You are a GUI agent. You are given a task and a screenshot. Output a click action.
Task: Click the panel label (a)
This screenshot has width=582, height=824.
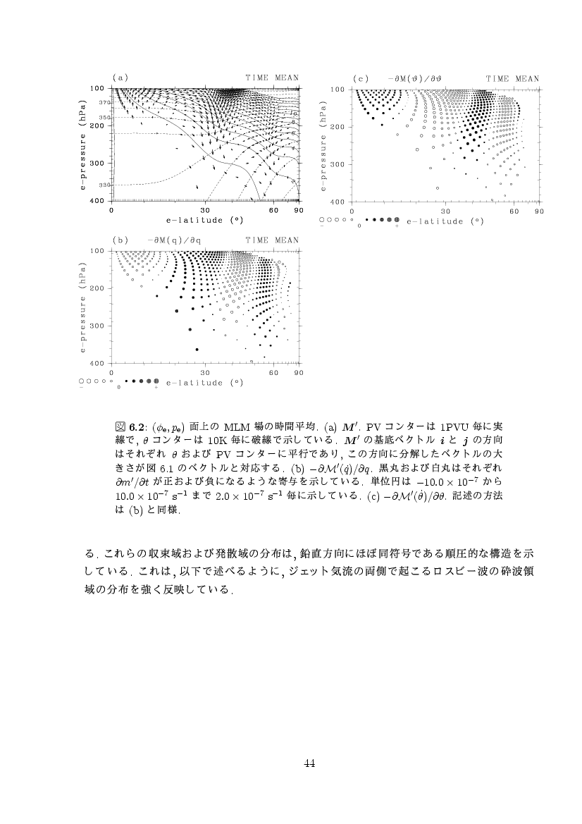point(120,78)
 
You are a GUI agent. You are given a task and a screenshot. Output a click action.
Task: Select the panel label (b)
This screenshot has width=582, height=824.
point(120,240)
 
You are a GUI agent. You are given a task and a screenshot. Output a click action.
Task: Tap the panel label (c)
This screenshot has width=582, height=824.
point(361,78)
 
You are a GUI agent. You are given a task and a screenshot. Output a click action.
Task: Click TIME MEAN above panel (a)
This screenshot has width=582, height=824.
point(272,78)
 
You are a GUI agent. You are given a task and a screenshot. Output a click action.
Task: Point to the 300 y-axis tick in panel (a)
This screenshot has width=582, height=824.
point(98,164)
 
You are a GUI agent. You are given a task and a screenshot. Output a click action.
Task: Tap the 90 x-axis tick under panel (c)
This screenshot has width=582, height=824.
point(539,211)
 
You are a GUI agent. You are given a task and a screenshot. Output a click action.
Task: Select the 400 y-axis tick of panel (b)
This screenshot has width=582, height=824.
point(98,363)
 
